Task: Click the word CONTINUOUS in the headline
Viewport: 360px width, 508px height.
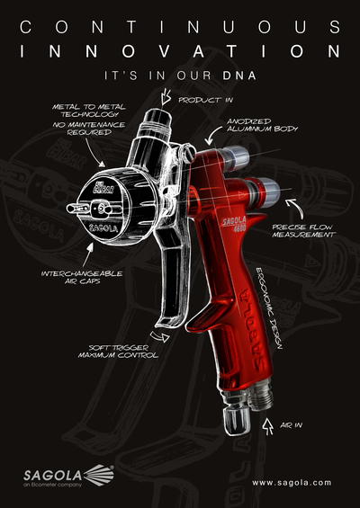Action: (x=180, y=27)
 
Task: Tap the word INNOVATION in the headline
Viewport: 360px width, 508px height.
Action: (x=180, y=51)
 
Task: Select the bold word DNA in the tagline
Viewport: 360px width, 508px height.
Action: (x=239, y=76)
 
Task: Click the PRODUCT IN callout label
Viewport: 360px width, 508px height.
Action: (x=205, y=100)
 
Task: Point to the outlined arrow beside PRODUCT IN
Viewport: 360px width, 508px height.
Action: (x=166, y=96)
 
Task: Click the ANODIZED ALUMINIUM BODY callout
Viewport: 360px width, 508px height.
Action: (x=262, y=125)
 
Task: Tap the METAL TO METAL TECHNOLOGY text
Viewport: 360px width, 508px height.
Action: (x=88, y=111)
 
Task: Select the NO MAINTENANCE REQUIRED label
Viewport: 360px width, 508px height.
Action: (x=88, y=129)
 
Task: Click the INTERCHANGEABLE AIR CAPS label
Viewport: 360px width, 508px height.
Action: (x=82, y=277)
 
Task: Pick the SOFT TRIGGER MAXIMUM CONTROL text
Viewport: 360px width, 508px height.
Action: (x=118, y=352)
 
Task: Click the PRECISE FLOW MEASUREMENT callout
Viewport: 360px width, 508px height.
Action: (x=303, y=231)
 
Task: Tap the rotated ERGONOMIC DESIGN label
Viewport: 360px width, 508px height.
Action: (x=269, y=308)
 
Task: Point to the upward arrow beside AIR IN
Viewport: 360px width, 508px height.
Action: (x=267, y=427)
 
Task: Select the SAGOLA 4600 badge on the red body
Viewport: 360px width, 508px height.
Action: (x=234, y=224)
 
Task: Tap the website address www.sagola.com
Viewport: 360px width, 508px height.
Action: (x=292, y=483)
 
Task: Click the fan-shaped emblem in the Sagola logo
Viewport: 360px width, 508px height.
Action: (x=99, y=475)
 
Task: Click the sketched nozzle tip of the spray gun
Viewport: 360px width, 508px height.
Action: (x=73, y=208)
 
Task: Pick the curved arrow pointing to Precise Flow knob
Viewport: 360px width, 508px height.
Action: (x=295, y=208)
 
